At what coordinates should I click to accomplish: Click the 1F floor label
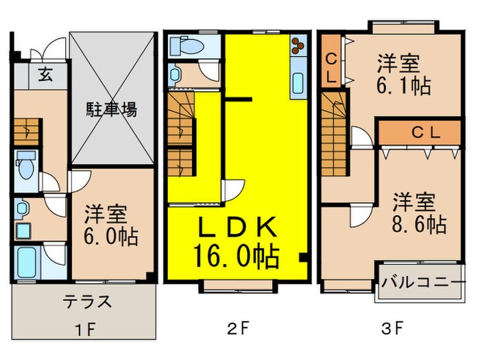pos(87,328)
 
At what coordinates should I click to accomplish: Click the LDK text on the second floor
pos(237,227)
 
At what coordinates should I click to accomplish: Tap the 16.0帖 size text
pos(238,257)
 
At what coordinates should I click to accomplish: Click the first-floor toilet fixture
pos(26,165)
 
